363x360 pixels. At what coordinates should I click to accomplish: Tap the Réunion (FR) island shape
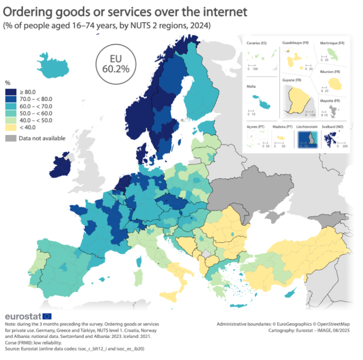(334, 83)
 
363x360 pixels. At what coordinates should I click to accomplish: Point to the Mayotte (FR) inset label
(329, 100)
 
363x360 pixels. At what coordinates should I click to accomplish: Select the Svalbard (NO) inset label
(332, 126)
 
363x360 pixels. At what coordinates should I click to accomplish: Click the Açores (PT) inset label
(256, 126)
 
